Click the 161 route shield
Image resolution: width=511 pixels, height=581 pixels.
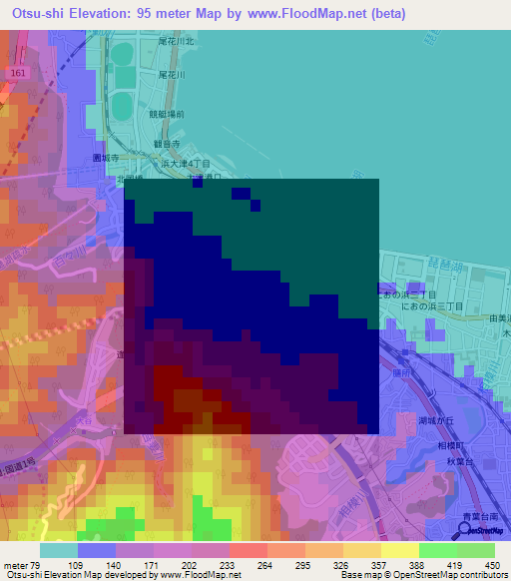[x=20, y=74]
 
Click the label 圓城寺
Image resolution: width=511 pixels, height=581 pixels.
[x=106, y=158]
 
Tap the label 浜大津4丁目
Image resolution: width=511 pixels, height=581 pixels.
[x=218, y=161]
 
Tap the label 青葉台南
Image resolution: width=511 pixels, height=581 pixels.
[x=480, y=516]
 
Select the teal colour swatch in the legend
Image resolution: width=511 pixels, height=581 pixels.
[x=59, y=550]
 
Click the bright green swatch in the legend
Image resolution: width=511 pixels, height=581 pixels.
[x=437, y=550]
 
